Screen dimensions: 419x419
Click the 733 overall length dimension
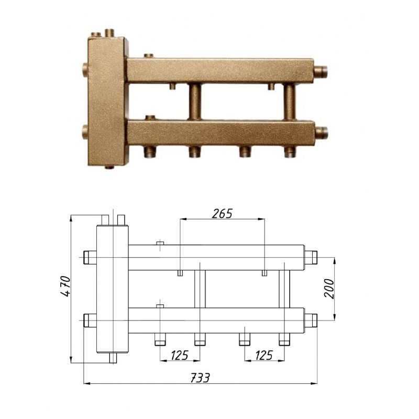click(x=200, y=378)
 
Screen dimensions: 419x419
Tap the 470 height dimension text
click(x=66, y=285)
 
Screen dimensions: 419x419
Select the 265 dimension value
click(x=222, y=214)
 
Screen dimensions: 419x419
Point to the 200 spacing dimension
click(x=329, y=289)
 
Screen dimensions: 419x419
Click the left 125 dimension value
click(x=180, y=355)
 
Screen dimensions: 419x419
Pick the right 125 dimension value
click(x=264, y=355)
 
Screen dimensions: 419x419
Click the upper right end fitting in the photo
click(x=321, y=71)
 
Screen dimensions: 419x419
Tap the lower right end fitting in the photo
click(x=321, y=133)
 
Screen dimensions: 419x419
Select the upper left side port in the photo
click(x=85, y=70)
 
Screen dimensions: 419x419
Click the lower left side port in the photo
click(x=85, y=131)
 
